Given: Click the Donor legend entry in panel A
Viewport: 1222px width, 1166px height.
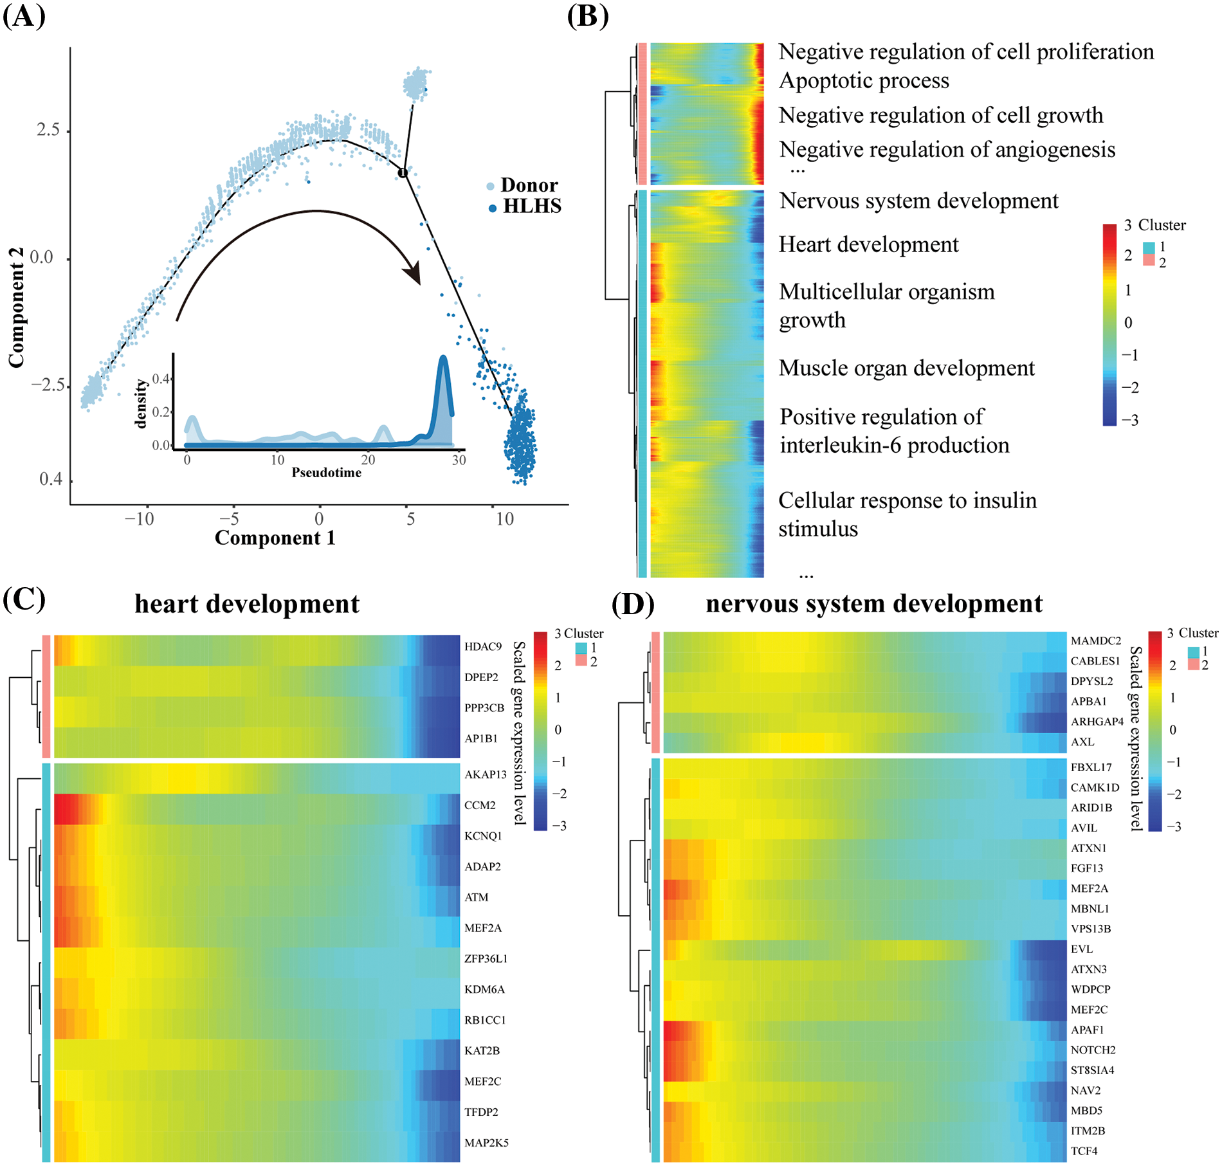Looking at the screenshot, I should click(528, 185).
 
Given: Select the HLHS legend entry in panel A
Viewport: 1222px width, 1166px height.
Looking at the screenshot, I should click(531, 206).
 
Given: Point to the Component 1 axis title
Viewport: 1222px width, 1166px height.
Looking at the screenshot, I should click(275, 538).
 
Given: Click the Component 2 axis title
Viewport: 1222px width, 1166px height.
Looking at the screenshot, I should click(16, 307).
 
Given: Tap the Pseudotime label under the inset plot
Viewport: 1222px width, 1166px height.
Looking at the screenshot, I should click(326, 473).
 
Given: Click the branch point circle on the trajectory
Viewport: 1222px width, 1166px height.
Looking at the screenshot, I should click(403, 172).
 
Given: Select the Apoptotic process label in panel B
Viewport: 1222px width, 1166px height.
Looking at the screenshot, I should click(864, 81).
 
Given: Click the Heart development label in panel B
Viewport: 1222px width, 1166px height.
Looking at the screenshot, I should click(868, 244).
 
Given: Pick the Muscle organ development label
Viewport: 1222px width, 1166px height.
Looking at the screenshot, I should click(906, 368).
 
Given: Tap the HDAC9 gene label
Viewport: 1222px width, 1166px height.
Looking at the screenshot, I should click(483, 646).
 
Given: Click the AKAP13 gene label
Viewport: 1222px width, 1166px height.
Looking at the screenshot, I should click(486, 774).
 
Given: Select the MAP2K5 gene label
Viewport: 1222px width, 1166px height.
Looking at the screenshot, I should click(486, 1143).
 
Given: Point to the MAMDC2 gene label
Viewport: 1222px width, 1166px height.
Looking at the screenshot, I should click(1095, 641).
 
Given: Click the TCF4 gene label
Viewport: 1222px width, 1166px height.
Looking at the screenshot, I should click(1084, 1151).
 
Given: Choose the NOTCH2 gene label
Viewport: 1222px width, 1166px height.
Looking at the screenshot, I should click(1093, 1050).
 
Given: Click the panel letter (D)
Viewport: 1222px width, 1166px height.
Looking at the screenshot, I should click(633, 603).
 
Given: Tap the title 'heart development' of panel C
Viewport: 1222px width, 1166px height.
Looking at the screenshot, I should click(247, 604).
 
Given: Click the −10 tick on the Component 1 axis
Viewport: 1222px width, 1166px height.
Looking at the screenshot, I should click(140, 518).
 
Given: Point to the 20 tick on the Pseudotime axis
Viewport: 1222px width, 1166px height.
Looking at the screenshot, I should click(368, 460).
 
